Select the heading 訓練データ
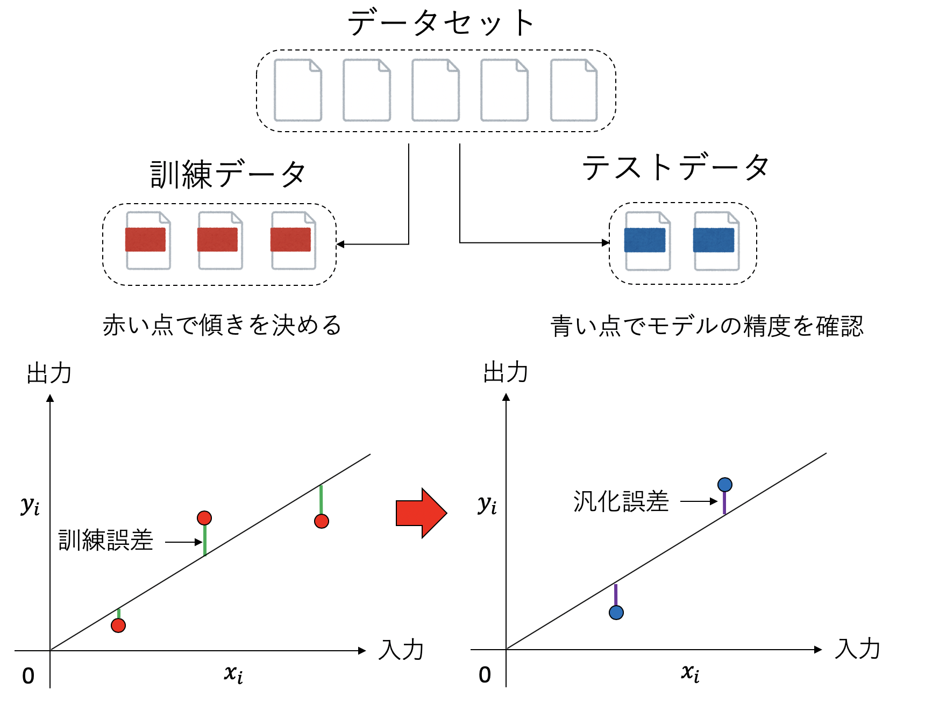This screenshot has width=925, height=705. [x=228, y=175]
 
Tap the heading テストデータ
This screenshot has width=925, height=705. [x=675, y=167]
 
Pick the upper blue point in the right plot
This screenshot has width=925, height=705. [x=724, y=485]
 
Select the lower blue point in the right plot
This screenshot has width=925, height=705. [x=616, y=612]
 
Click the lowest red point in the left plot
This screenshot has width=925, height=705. [x=118, y=625]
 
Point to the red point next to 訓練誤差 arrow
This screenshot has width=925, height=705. [x=204, y=518]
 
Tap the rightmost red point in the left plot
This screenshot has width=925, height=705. [x=322, y=521]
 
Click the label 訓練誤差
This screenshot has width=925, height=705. [x=106, y=540]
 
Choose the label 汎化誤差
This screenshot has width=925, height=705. [x=621, y=501]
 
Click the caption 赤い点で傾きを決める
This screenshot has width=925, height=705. [x=222, y=325]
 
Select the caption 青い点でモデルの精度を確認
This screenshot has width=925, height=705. [x=707, y=326]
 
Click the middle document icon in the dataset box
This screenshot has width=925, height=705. [x=436, y=90]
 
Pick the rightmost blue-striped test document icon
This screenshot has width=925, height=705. [x=716, y=240]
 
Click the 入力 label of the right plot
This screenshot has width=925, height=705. [x=857, y=649]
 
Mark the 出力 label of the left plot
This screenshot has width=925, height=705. [x=49, y=373]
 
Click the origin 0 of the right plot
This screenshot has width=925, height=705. [x=485, y=675]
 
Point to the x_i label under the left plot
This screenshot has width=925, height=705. [x=233, y=673]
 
